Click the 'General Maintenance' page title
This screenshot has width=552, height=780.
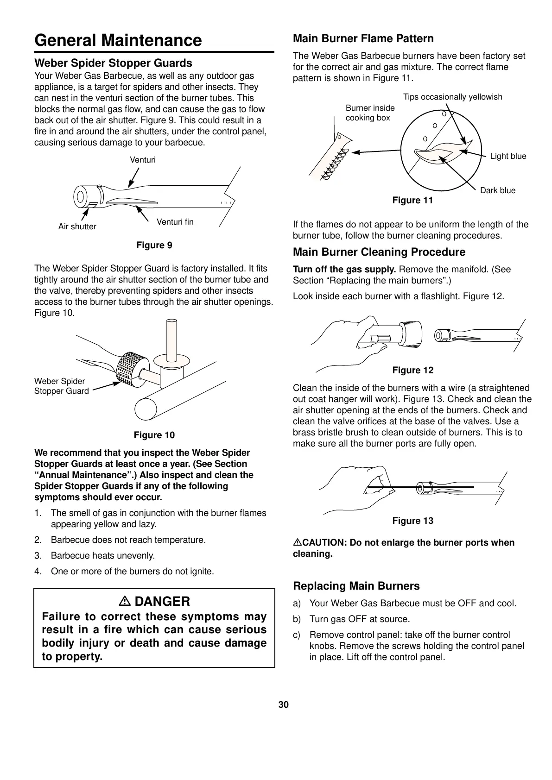118,40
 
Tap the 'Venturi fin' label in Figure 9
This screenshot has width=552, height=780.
175,222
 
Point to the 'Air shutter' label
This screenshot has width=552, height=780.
77,226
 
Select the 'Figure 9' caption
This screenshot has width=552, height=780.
154,245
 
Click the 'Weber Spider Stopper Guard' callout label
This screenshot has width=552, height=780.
61,386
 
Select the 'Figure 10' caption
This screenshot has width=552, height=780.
154,435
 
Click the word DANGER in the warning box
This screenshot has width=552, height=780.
162,601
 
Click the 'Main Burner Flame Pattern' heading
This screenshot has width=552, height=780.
363,38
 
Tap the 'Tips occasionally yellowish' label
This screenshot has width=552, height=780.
452,97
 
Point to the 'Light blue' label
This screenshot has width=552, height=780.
508,156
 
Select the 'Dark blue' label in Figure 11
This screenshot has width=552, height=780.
498,190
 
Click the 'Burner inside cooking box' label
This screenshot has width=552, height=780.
370,113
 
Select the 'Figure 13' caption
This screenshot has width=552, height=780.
412,521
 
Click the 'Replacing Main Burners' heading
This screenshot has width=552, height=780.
356,586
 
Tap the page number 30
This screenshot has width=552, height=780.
284,705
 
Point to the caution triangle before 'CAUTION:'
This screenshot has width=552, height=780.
298,542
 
